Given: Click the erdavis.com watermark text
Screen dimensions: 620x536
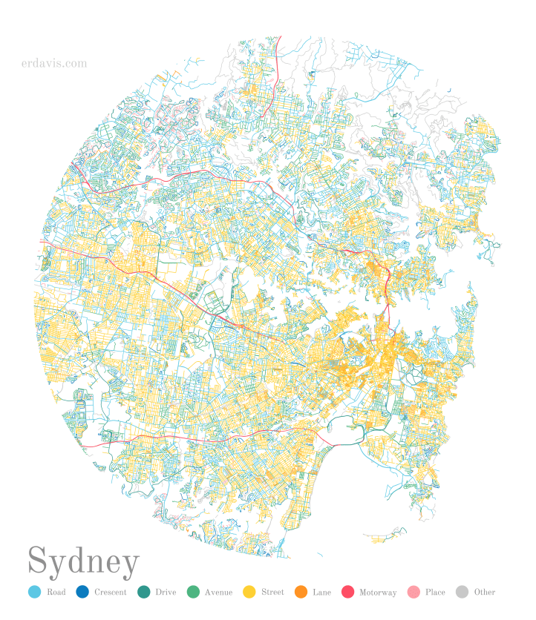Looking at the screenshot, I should (x=54, y=64).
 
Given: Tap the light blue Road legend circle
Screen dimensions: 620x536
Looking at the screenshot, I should (x=34, y=592).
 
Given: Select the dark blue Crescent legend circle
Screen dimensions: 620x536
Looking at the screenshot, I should (x=82, y=592).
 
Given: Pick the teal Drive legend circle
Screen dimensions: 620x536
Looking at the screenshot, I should (x=144, y=592).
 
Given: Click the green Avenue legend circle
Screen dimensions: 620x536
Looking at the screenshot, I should (x=193, y=592).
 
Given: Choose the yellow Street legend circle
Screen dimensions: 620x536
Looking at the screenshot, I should (x=249, y=592).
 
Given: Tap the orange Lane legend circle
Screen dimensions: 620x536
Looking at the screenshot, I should (x=301, y=592).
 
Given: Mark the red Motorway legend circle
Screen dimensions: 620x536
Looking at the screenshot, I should (x=347, y=592).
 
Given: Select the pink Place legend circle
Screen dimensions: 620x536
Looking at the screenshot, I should (x=414, y=592).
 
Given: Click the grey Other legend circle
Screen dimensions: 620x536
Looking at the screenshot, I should (x=462, y=592).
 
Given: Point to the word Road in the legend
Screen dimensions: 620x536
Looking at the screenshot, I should (x=56, y=593).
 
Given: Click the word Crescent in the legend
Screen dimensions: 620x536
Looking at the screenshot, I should (x=111, y=593).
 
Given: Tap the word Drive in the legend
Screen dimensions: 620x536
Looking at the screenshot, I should (x=166, y=593).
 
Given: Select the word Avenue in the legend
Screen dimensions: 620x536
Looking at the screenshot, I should (x=219, y=593).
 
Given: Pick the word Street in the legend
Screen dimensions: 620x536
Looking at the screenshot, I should (x=272, y=593).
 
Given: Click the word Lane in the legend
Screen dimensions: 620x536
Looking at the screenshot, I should (x=321, y=593).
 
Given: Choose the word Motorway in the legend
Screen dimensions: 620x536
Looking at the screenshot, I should (x=378, y=593).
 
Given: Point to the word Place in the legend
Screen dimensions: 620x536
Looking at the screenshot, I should (x=435, y=593).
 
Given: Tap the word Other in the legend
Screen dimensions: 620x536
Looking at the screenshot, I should (x=484, y=593).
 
